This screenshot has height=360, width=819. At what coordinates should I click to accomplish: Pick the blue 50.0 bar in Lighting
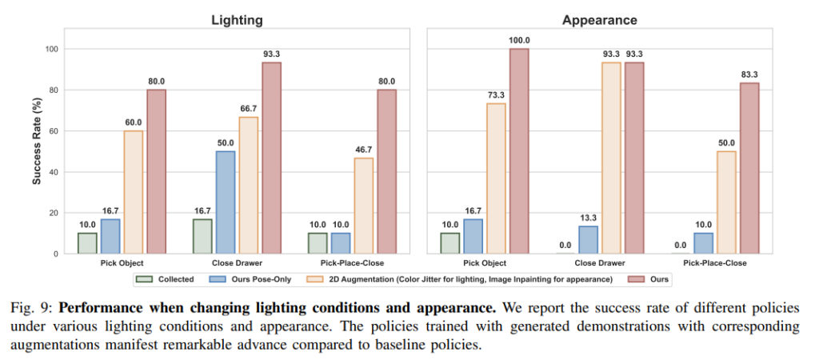226,202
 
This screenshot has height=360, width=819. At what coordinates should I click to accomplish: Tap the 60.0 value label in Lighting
134,122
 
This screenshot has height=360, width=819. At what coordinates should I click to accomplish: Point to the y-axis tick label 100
52,50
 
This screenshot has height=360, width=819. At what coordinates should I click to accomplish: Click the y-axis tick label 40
54,172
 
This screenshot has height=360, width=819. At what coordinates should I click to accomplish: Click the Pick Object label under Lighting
122,262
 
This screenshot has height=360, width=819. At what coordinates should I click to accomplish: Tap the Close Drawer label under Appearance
599,262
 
